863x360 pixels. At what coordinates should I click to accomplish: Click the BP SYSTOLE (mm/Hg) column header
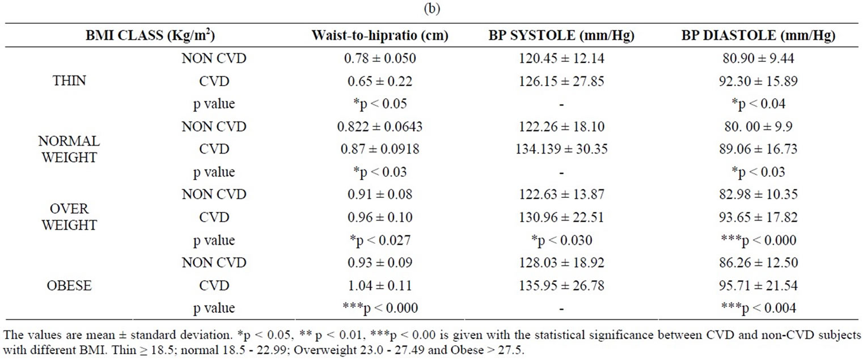click(561, 35)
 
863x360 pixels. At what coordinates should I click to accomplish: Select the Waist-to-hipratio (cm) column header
click(380, 35)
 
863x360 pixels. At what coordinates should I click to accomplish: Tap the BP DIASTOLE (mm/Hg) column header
click(758, 35)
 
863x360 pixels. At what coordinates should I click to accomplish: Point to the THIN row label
click(69, 81)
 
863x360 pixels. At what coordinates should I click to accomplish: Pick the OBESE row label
click(69, 286)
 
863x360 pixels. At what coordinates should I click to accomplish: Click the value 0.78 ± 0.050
click(380, 58)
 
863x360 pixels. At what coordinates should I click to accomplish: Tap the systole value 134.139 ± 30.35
click(561, 149)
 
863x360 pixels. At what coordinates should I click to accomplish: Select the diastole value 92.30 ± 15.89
click(758, 81)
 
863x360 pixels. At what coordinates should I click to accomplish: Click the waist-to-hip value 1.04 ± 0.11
click(380, 286)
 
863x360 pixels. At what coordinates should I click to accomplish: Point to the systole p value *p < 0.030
click(561, 240)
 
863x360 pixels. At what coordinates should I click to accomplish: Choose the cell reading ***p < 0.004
click(758, 308)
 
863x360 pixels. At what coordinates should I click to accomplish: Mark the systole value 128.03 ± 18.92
click(561, 263)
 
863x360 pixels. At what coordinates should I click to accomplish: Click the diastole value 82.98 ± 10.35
click(758, 195)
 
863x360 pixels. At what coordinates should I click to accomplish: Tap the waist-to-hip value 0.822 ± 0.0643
click(380, 126)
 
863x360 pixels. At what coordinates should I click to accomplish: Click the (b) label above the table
click(431, 7)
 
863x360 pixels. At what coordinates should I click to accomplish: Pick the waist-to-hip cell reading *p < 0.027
click(380, 240)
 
